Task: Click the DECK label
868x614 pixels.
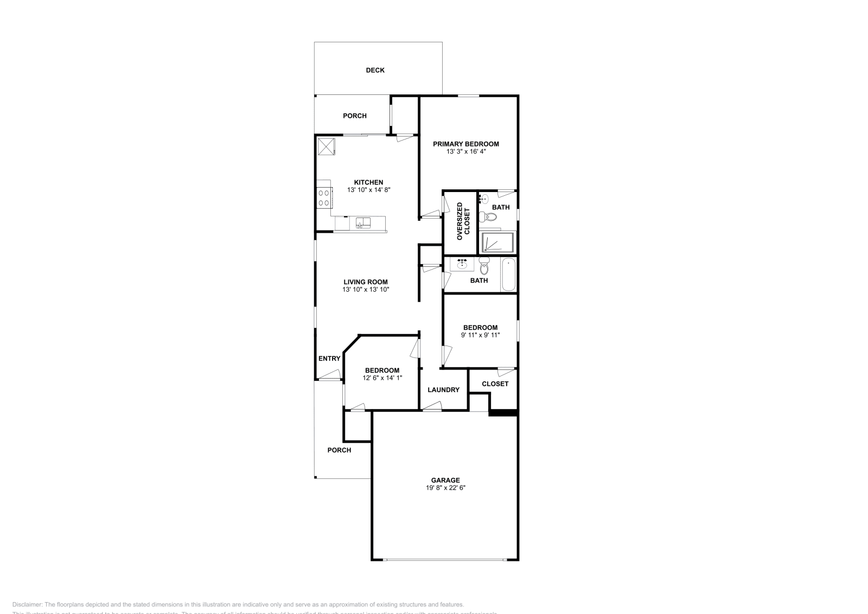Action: coord(375,70)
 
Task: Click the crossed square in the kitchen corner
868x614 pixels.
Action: coord(326,146)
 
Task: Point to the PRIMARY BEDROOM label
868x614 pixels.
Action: coord(465,144)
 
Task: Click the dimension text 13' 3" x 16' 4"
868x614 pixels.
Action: coord(465,152)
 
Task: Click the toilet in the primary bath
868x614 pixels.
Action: coord(490,218)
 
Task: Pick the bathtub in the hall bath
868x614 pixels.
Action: coord(508,274)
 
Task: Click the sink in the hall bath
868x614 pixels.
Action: coord(462,264)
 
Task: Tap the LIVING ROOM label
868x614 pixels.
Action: coord(365,282)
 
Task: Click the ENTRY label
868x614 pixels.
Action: coord(329,359)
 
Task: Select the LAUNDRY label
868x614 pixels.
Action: coord(443,389)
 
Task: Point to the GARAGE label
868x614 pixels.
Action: coord(445,480)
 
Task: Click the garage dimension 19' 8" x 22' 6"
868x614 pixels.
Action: coord(445,488)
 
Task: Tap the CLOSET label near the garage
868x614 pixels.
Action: coord(495,383)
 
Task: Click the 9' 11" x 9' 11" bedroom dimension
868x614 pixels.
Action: coord(480,335)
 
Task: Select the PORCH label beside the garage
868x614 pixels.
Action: coord(339,450)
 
